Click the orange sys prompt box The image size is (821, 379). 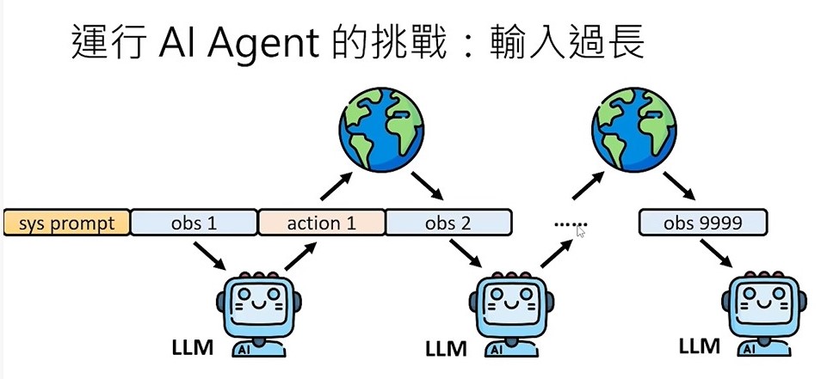pos(66,223)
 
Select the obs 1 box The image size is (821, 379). pos(194,223)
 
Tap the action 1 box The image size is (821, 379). pos(322,223)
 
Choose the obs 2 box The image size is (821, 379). pos(448,223)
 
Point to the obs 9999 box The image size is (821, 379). pos(702,223)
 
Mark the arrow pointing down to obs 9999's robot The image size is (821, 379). pos(717,253)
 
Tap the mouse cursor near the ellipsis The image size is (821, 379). pos(581,231)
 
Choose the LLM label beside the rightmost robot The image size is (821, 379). pos(698,346)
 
